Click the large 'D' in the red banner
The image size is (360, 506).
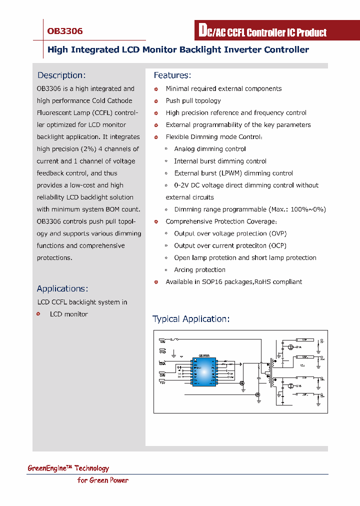[x=202, y=31]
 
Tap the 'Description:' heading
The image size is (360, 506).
[x=61, y=75]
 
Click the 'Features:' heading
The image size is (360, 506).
[x=172, y=75]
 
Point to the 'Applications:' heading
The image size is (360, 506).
[x=62, y=289]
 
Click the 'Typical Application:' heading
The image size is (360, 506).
[x=191, y=319]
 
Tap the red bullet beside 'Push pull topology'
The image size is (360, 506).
[x=156, y=101]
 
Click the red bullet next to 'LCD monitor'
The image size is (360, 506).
[x=38, y=314]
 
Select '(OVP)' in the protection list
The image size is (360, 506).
[x=278, y=233]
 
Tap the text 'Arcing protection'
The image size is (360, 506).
[x=199, y=270]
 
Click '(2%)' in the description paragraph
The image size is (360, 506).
[x=88, y=149]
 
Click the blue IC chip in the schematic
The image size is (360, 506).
[x=204, y=371]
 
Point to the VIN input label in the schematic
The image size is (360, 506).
[x=162, y=341]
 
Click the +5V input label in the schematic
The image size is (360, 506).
[x=162, y=382]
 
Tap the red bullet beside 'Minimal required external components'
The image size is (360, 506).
[x=156, y=89]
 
